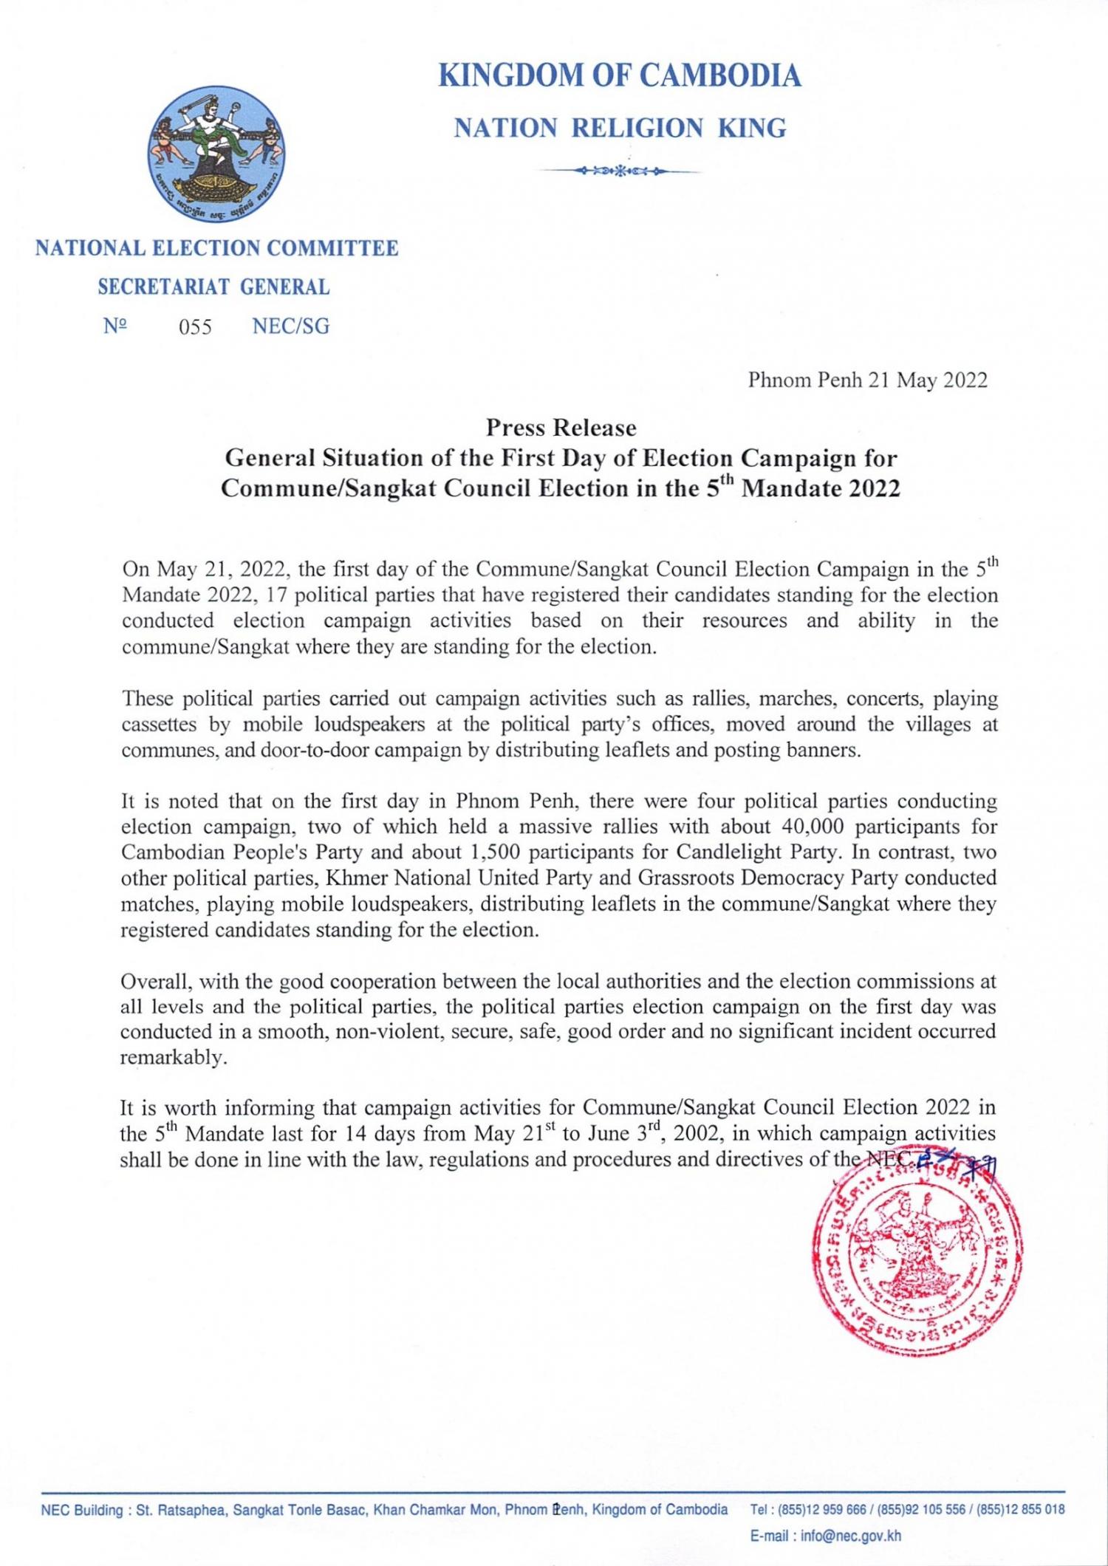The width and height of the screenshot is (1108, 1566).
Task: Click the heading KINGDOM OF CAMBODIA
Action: tap(620, 76)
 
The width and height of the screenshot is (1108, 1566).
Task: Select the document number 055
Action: tap(195, 326)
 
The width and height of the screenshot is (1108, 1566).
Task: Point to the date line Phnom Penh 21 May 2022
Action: tap(867, 380)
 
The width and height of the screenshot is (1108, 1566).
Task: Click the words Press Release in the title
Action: tap(561, 428)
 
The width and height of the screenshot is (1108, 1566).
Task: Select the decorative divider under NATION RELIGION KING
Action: tap(619, 171)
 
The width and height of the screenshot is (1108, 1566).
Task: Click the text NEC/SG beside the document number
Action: tap(291, 326)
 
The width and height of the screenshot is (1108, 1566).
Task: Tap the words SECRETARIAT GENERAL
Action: tap(213, 287)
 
